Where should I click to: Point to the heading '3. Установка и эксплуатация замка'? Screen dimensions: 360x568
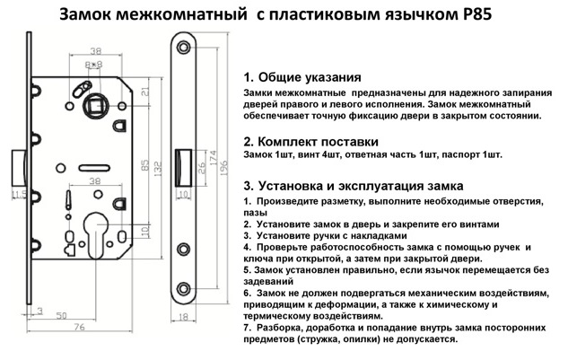pos(358,185)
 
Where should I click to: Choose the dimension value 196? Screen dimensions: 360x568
pos(232,162)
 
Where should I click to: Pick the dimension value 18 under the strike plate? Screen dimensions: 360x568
pos(184,317)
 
